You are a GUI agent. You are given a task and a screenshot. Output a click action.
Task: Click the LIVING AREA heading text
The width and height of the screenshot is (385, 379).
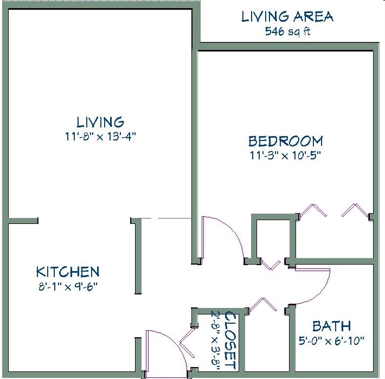(x=287, y=17)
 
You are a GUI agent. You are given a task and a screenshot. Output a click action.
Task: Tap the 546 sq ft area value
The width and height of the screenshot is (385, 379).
(x=287, y=31)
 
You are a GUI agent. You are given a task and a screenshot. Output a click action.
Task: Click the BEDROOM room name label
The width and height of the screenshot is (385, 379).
(x=285, y=142)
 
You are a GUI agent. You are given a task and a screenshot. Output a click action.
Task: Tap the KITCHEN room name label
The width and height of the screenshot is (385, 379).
(x=68, y=272)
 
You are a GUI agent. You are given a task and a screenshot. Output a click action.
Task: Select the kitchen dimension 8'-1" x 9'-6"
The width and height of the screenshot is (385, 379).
(x=68, y=285)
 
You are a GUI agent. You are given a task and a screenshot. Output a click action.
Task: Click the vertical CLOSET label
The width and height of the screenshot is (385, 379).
(x=230, y=341)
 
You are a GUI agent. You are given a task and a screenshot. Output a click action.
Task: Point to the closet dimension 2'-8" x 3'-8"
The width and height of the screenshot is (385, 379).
(x=216, y=341)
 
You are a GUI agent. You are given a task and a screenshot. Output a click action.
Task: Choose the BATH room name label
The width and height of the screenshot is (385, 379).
(x=331, y=326)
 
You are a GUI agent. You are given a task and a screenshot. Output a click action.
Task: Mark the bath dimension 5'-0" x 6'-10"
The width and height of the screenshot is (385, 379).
(x=331, y=341)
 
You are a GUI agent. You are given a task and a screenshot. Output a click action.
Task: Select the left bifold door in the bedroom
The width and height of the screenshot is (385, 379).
(x=313, y=210)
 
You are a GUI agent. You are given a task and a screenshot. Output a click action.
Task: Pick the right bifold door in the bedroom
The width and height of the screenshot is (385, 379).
(x=355, y=210)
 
